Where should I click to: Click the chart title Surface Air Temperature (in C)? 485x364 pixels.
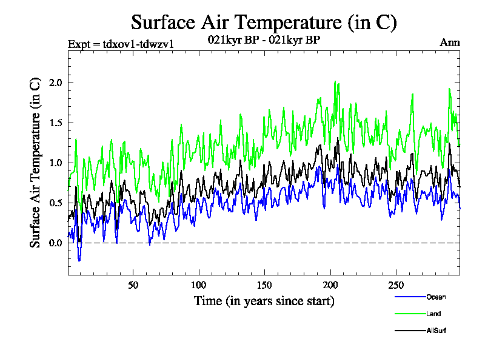tap(264, 22)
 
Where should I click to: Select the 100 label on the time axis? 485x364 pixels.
tap(199, 285)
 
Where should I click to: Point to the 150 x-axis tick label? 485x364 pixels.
tap(264, 285)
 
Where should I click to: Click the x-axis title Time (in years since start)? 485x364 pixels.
tap(264, 301)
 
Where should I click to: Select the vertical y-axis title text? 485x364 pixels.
tap(36, 162)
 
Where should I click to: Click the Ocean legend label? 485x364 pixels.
tap(436, 297)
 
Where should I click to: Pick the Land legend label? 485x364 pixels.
tap(433, 314)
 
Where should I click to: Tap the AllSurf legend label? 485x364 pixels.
tap(436, 331)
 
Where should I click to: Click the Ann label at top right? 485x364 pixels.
tap(449, 42)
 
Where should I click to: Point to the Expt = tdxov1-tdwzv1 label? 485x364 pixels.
tap(121, 44)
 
